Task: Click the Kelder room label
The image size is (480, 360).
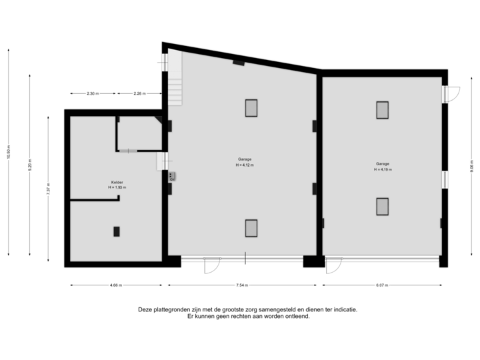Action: point(117,182)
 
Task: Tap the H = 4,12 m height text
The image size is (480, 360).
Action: point(245,165)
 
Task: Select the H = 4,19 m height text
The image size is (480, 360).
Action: point(383,169)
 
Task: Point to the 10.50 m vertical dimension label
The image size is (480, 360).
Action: point(9,153)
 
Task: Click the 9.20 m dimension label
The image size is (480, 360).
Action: point(29,164)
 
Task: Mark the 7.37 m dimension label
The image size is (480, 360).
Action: point(49,189)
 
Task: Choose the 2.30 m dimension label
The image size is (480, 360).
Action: point(93,93)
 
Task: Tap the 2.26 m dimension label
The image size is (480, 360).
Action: point(139,93)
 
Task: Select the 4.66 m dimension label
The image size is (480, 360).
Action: point(115,285)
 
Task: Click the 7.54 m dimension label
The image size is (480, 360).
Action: point(242,285)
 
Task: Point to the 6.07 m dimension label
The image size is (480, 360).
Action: point(382,285)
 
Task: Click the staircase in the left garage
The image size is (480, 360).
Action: point(174,79)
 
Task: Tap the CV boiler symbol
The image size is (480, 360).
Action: point(172,177)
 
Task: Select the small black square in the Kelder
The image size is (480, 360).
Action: point(117,231)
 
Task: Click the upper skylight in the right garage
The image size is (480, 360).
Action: point(382,110)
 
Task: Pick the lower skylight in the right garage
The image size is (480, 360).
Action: point(382,207)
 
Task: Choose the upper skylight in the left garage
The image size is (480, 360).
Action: point(251,108)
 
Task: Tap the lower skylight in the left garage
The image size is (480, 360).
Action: point(251,229)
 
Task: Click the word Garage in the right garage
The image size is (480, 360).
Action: point(383,163)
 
